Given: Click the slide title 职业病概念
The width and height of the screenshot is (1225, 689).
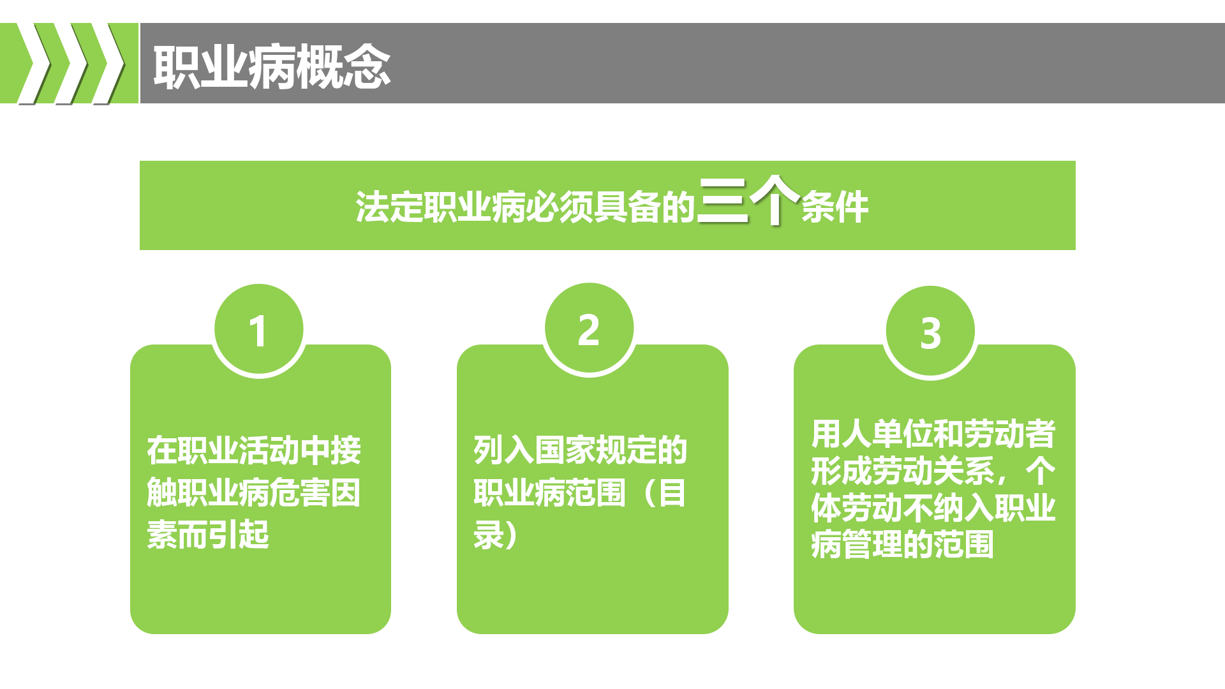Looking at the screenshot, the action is pyautogui.click(x=272, y=66).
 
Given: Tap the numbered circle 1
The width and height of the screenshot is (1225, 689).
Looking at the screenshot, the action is pyautogui.click(x=258, y=330).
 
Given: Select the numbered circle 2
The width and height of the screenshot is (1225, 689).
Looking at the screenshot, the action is pyautogui.click(x=589, y=329).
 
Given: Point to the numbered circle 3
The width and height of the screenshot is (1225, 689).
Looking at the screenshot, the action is pyautogui.click(x=930, y=332).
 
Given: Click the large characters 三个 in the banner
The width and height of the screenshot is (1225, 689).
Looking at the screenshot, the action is pyautogui.click(x=748, y=200).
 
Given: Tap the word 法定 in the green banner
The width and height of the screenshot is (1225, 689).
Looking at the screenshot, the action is pyautogui.click(x=389, y=207).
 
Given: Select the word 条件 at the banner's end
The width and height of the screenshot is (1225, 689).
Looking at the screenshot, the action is pyautogui.click(x=835, y=207).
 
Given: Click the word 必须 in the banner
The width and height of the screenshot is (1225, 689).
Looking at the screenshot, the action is pyautogui.click(x=559, y=207).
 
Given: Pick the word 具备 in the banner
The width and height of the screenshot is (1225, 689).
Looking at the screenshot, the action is pyautogui.click(x=627, y=207).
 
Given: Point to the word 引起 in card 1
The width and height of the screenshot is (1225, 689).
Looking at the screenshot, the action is pyautogui.click(x=239, y=535).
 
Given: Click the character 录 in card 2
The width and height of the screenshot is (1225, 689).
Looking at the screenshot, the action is pyautogui.click(x=489, y=535).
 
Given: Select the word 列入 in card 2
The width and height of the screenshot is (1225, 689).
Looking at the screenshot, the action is pyautogui.click(x=504, y=450).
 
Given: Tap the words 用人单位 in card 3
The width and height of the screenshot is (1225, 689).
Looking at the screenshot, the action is pyautogui.click(x=872, y=434).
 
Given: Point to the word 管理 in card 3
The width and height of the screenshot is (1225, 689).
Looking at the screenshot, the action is pyautogui.click(x=872, y=545).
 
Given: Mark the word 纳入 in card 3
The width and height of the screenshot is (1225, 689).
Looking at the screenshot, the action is pyautogui.click(x=964, y=508).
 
